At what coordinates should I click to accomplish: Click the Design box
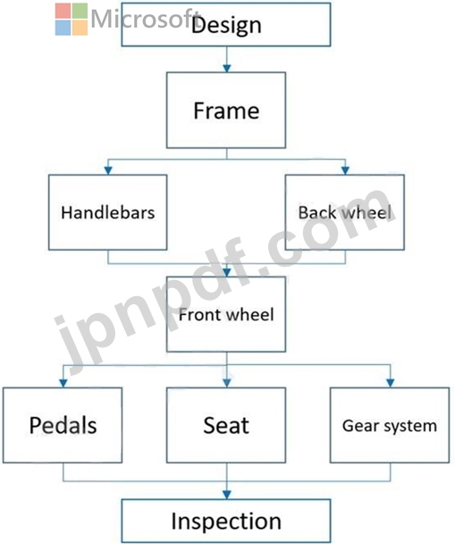pyautogui.click(x=226, y=24)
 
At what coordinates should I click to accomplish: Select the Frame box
pyautogui.click(x=226, y=110)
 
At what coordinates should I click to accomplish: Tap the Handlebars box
pyautogui.click(x=108, y=212)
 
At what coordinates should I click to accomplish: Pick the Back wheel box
pyautogui.click(x=345, y=212)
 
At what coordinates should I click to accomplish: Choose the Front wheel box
pyautogui.click(x=226, y=314)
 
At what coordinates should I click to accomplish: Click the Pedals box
pyautogui.click(x=63, y=425)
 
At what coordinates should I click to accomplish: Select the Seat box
pyautogui.click(x=226, y=425)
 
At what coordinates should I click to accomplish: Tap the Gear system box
pyautogui.click(x=390, y=425)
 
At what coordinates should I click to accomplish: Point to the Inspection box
pyautogui.click(x=226, y=521)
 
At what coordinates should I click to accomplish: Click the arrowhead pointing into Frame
pyautogui.click(x=227, y=68)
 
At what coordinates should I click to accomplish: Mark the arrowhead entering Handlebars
pyautogui.click(x=108, y=170)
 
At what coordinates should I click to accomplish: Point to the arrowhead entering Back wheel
pyautogui.click(x=345, y=170)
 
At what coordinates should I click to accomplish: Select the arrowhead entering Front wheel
pyautogui.click(x=227, y=272)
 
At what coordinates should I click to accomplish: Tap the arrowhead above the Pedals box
pyautogui.click(x=63, y=383)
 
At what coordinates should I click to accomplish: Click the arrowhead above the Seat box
pyautogui.click(x=227, y=383)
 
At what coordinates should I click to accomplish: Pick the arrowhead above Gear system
pyautogui.click(x=391, y=383)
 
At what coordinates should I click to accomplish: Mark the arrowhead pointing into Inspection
pyautogui.click(x=227, y=495)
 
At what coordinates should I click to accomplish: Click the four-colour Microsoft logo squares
pyautogui.click(x=72, y=20)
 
